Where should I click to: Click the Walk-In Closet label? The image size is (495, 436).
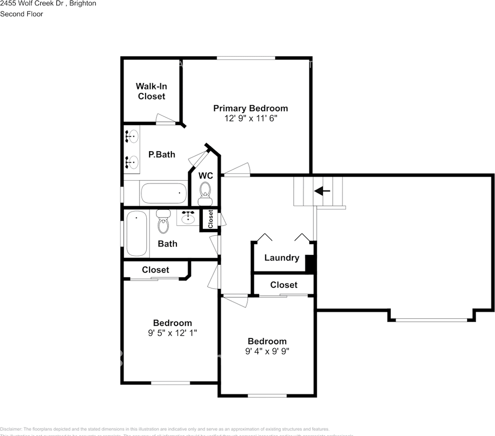coord(151,91)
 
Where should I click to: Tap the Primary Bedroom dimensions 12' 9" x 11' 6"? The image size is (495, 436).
coord(250,118)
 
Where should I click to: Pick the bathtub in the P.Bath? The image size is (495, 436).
coord(164,193)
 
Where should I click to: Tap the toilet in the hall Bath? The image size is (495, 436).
coord(163,222)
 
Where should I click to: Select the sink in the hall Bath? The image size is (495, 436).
coord(188,218)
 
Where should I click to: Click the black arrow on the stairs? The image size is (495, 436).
coord(322,191)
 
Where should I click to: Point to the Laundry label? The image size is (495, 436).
coord(281,258)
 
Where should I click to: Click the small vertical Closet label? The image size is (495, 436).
coord(210,219)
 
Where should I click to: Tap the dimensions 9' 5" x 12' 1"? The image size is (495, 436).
coord(172,332)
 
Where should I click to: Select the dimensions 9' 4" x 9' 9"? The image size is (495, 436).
coord(267,351)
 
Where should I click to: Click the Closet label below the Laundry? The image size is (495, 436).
coord(284,285)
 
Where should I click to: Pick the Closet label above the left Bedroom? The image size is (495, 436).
coord(155,270)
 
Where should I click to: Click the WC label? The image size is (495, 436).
coord(206,175)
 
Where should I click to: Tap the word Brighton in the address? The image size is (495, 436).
coord(84,4)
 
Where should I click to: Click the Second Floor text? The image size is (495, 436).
coord(22,14)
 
